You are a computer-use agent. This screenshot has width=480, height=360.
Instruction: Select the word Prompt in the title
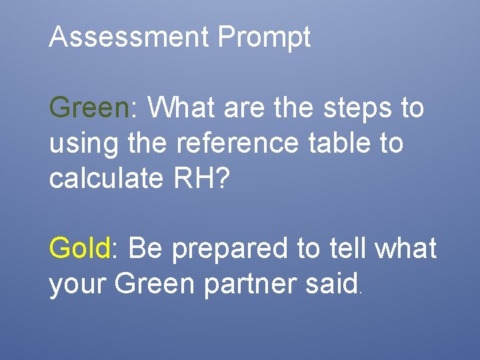264,39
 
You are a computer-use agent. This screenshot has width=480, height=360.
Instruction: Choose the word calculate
109,178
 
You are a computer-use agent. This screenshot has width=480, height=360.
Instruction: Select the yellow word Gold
79,249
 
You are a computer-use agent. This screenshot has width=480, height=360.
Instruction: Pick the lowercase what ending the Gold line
406,249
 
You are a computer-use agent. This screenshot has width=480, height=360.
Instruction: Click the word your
78,285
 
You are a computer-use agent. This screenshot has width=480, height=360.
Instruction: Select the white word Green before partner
155,284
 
